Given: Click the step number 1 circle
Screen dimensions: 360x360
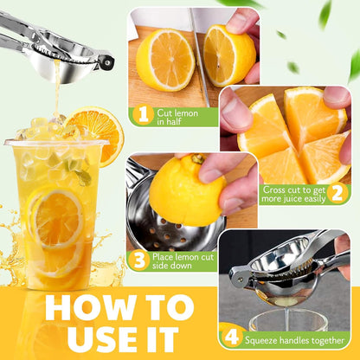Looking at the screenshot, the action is (143, 115).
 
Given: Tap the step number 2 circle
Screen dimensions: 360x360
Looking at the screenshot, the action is (337, 193).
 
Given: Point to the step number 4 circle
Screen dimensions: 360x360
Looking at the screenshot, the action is (231, 337).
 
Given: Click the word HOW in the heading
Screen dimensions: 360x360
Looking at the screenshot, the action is (91, 307).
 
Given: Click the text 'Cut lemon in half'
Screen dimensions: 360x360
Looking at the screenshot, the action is (177, 117).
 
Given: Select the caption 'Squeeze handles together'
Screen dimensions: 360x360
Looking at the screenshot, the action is (294, 340).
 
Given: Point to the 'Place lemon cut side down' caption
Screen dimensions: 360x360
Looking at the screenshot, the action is (183, 260).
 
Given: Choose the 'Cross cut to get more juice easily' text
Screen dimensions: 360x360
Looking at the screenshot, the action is (293, 194).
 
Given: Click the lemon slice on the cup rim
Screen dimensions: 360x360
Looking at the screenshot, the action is (95, 134).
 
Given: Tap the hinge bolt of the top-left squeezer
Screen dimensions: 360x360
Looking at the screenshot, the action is (108, 61).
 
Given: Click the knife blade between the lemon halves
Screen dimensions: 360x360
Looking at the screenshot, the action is (199, 58).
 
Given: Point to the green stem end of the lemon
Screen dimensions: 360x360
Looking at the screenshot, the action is (197, 158).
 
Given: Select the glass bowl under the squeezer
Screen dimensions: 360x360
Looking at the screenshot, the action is (288, 319).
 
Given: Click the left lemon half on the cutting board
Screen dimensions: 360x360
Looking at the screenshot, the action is (165, 60).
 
